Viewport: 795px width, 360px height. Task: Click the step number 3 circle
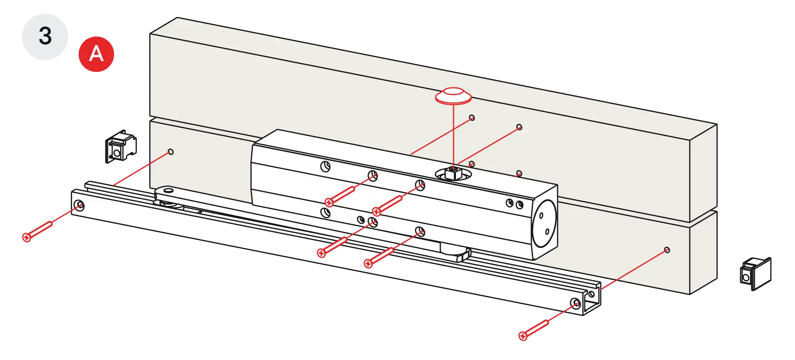45,36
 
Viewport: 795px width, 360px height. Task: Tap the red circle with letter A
96,54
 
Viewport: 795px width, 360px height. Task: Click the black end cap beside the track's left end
121,146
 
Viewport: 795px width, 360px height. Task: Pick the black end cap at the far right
755,273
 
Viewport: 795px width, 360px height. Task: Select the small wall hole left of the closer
171,152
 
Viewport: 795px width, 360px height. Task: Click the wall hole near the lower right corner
667,250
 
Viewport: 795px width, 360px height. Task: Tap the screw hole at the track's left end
80,205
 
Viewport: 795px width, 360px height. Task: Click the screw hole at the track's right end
575,304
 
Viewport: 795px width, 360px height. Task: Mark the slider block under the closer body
456,252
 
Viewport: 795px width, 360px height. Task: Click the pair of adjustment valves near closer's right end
514,204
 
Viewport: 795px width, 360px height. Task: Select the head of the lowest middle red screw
368,263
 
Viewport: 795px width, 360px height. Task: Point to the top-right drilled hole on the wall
519,127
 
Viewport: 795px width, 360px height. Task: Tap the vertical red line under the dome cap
454,135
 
